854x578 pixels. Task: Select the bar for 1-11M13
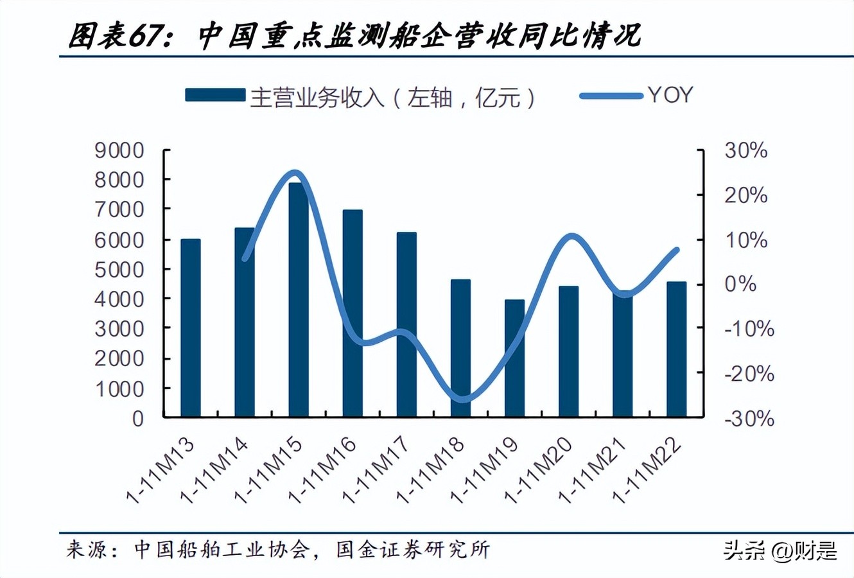point(191,328)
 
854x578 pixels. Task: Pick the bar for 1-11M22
point(676,349)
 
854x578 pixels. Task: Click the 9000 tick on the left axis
point(119,151)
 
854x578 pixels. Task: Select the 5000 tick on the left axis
point(119,270)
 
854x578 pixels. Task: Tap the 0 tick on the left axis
point(138,418)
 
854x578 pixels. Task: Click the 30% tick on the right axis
point(745,151)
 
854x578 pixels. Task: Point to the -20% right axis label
point(749,373)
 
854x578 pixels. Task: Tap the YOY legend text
point(670,95)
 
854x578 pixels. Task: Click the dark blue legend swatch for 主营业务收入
point(214,95)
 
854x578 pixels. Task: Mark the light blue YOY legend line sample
point(611,96)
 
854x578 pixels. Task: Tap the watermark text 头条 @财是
point(780,550)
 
